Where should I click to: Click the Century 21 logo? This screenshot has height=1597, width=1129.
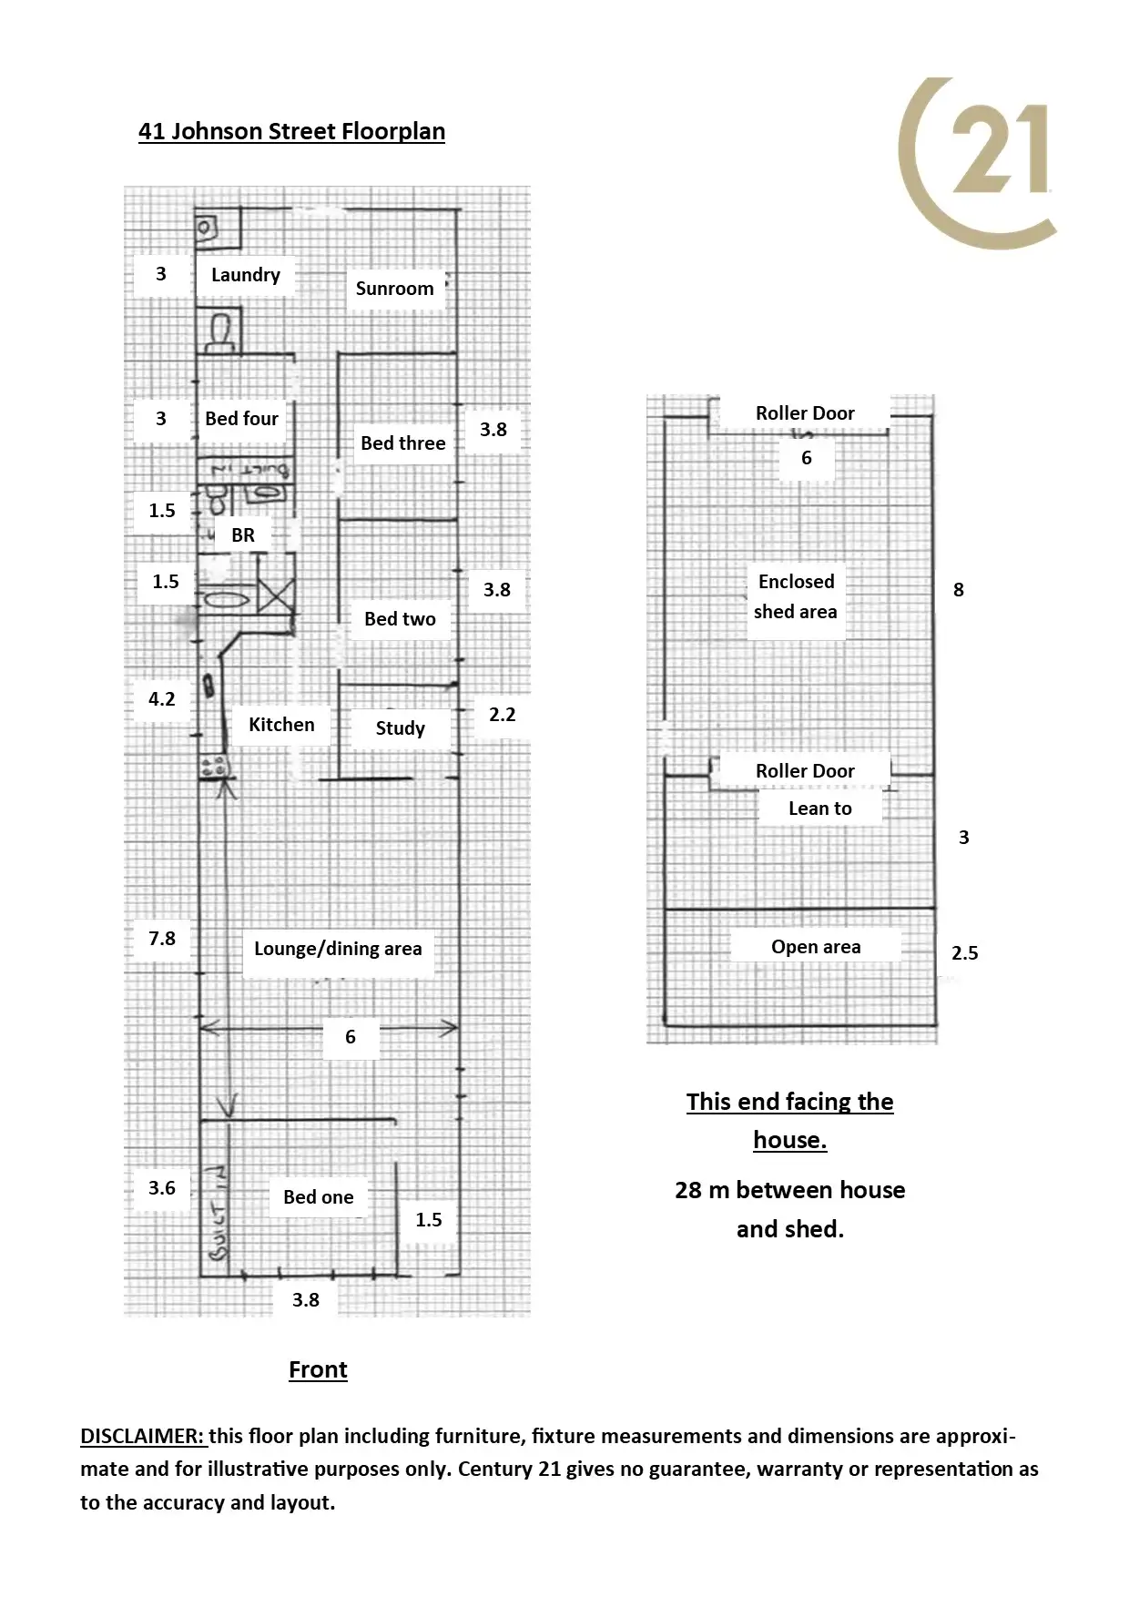(979, 162)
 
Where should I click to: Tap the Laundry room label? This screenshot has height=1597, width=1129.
(245, 275)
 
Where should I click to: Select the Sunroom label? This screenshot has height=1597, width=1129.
(394, 289)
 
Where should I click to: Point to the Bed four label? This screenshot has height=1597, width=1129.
(241, 419)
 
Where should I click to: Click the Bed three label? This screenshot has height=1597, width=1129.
(402, 443)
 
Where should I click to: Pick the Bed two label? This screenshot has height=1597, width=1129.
(400, 619)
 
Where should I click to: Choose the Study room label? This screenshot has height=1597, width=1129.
(400, 728)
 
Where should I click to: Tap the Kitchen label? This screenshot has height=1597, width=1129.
(281, 725)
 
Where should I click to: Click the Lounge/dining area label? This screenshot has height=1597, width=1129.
(338, 949)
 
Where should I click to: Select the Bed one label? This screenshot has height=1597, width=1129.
(318, 1197)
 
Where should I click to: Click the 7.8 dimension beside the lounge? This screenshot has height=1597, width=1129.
(162, 939)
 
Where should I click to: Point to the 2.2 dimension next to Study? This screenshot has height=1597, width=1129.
(502, 715)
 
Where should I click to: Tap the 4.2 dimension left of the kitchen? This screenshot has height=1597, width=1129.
(162, 699)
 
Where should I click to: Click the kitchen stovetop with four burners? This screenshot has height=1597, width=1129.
(215, 767)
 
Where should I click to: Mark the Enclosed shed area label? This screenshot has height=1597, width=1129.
(796, 596)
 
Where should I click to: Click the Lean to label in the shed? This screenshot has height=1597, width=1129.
(819, 809)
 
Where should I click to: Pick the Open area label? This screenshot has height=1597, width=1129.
(816, 947)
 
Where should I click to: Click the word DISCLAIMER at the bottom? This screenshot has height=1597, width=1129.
(142, 1436)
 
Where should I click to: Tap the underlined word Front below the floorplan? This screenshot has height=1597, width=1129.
(318, 1370)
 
